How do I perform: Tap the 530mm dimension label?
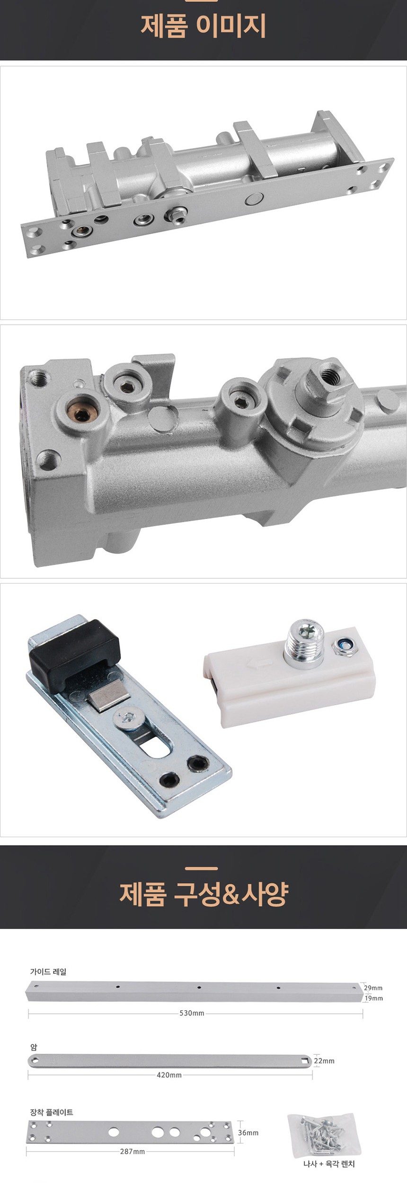point(192,1013)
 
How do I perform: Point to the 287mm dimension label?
point(133,1151)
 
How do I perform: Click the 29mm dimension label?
point(373,988)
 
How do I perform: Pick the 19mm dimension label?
point(373,998)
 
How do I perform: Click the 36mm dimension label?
point(248,1132)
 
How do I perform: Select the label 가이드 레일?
point(48,971)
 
